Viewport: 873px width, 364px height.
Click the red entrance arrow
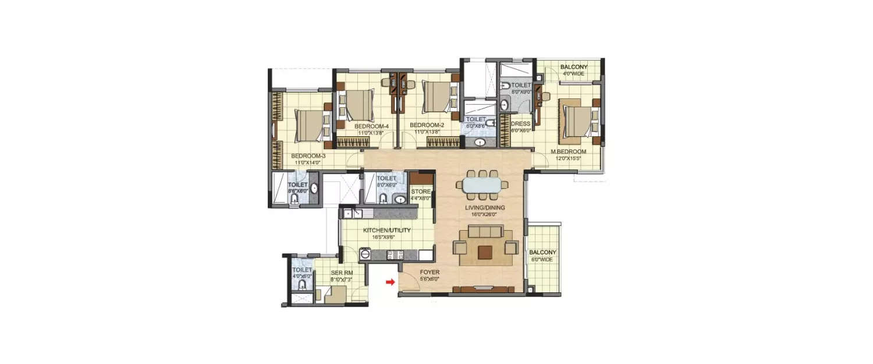click(389, 282)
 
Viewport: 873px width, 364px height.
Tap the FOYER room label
click(430, 272)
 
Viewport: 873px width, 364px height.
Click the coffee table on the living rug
click(485, 251)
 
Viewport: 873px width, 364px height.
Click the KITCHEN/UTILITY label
click(387, 231)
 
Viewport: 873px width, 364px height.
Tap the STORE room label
click(421, 192)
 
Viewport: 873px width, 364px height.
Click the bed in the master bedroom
click(577, 120)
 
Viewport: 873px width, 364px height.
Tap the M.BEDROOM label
click(569, 151)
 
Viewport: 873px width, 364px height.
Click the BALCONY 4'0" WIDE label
click(573, 68)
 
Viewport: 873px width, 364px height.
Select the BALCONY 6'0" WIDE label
click(542, 252)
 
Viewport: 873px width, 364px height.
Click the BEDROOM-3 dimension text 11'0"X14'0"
click(307, 163)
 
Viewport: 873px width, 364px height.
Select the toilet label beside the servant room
click(301, 270)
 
